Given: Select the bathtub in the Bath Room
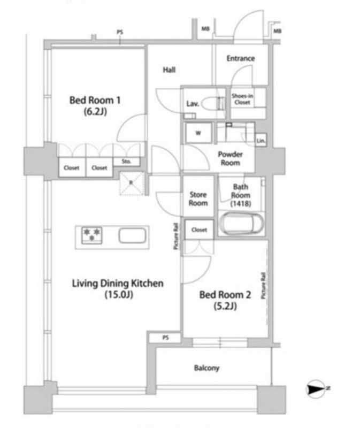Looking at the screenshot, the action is (242, 223).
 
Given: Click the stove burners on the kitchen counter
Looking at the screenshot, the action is (92, 235).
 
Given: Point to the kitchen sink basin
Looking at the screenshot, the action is (132, 235).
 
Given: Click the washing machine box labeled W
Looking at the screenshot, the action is (198, 133).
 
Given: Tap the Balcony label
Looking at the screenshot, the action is (206, 368).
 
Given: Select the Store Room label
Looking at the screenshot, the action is (198, 198).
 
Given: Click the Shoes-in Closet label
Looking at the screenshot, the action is (242, 99).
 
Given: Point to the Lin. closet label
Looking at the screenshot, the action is (261, 141).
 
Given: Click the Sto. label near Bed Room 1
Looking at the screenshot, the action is (126, 162).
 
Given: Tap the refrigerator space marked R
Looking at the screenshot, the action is (131, 183).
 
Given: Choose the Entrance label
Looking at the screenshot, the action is (241, 58).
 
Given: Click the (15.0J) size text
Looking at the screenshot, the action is (119, 295).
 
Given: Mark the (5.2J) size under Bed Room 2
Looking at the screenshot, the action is (225, 306).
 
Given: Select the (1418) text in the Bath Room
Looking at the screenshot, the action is (241, 203).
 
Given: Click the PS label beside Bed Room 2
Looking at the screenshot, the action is (165, 338).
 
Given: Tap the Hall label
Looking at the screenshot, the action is (169, 70).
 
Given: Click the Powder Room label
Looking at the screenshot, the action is (231, 158).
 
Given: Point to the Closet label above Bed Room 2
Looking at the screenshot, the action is (199, 230).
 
